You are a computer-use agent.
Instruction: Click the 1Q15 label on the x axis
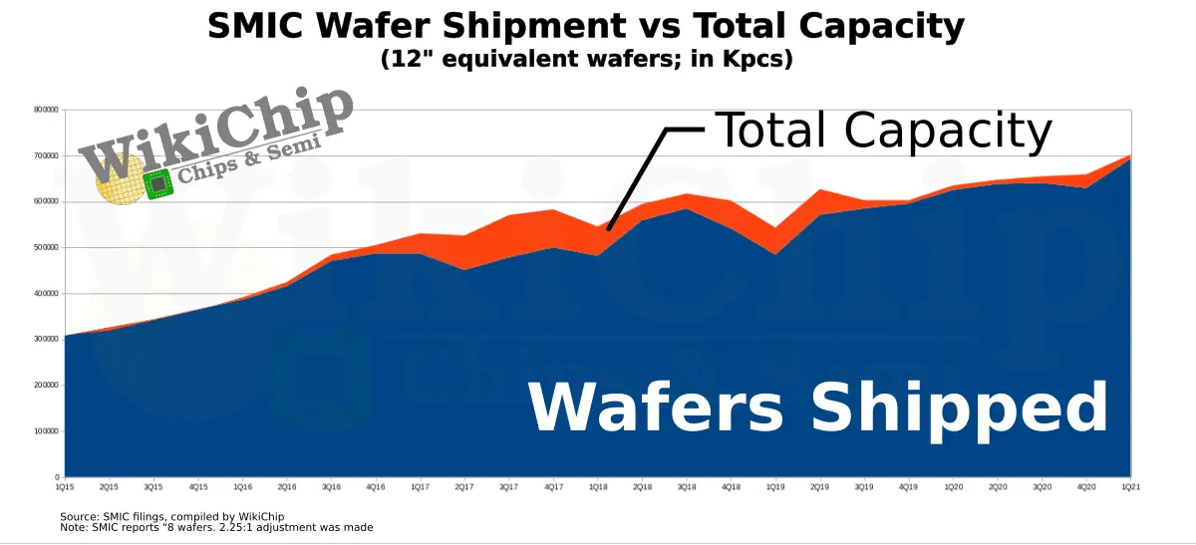point(65,487)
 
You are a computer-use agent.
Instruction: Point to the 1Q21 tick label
point(1129,487)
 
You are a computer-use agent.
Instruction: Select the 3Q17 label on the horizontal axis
point(508,487)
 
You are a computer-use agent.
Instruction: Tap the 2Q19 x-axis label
point(819,487)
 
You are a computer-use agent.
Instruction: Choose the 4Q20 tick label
point(1085,487)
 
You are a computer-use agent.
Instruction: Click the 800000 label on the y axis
point(47,110)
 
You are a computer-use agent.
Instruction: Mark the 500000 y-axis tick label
point(47,247)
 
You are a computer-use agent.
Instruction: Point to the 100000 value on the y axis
point(47,431)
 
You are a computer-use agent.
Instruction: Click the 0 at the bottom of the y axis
point(59,477)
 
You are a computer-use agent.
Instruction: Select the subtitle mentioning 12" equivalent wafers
point(586,59)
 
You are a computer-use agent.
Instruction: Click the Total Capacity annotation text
point(883,131)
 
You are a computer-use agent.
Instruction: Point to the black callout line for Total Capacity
point(638,174)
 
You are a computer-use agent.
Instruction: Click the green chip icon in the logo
point(157,184)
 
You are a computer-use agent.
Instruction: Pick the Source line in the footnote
point(172,516)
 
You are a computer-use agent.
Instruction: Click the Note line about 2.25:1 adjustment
point(216,527)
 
